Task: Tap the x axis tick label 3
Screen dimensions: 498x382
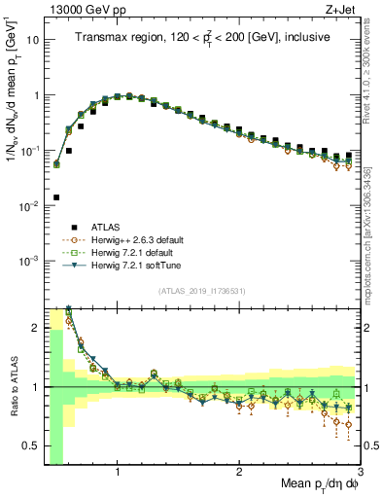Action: coord(361,472)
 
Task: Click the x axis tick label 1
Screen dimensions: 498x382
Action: coord(118,472)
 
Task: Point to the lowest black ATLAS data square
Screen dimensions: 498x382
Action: coord(56,197)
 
